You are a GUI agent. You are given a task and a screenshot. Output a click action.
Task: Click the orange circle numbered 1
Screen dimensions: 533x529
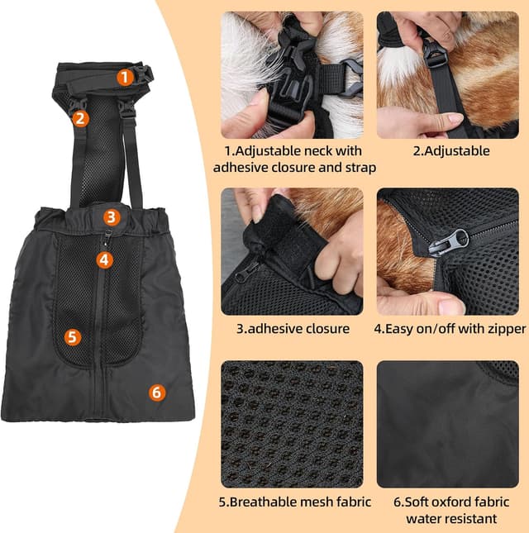pyautogui.click(x=124, y=77)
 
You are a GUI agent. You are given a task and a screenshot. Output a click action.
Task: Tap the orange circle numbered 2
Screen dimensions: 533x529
pyautogui.click(x=79, y=117)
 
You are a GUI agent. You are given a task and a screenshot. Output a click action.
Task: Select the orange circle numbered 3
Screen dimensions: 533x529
pyautogui.click(x=112, y=217)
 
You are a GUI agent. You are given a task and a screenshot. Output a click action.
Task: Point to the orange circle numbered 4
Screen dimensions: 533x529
pyautogui.click(x=103, y=259)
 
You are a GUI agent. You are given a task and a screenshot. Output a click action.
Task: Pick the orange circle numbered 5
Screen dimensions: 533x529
pyautogui.click(x=73, y=336)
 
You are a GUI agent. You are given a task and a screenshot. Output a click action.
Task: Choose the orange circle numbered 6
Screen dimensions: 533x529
pyautogui.click(x=156, y=393)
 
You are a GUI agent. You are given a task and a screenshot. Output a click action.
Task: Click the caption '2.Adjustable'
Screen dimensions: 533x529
pyautogui.click(x=451, y=151)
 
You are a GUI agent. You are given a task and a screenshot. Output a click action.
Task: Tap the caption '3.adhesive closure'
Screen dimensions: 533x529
pyautogui.click(x=293, y=328)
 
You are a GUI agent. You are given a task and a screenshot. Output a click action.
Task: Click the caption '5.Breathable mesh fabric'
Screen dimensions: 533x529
pyautogui.click(x=295, y=502)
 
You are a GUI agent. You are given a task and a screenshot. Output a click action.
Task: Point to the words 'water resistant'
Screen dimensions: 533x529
pyautogui.click(x=451, y=519)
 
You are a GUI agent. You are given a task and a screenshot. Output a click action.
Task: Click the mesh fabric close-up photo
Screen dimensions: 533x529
pyautogui.click(x=292, y=424)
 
